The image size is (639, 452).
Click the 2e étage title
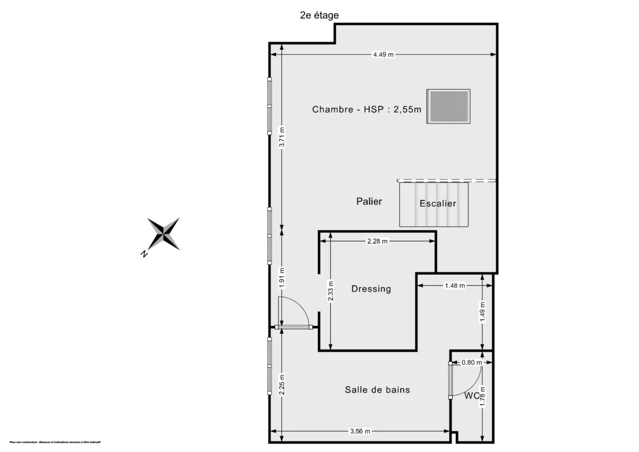click(319, 15)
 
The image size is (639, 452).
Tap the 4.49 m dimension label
click(383, 54)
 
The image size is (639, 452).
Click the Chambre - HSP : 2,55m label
click(366, 110)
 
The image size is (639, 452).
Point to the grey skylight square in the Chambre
click(448, 106)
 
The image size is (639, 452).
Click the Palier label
click(369, 201)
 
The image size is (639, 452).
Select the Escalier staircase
click(434, 204)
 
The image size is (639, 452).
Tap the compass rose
click(163, 234)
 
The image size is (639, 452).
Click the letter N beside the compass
click(144, 254)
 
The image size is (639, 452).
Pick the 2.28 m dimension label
click(378, 241)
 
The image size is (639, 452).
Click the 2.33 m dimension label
click(331, 291)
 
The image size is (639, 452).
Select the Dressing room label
click(371, 289)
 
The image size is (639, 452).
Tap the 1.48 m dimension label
click(454, 285)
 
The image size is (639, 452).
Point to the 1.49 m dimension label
click(482, 311)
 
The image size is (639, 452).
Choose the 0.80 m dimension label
click(471, 363)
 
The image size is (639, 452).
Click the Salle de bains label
click(378, 390)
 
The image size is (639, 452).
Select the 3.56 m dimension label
click(360, 431)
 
